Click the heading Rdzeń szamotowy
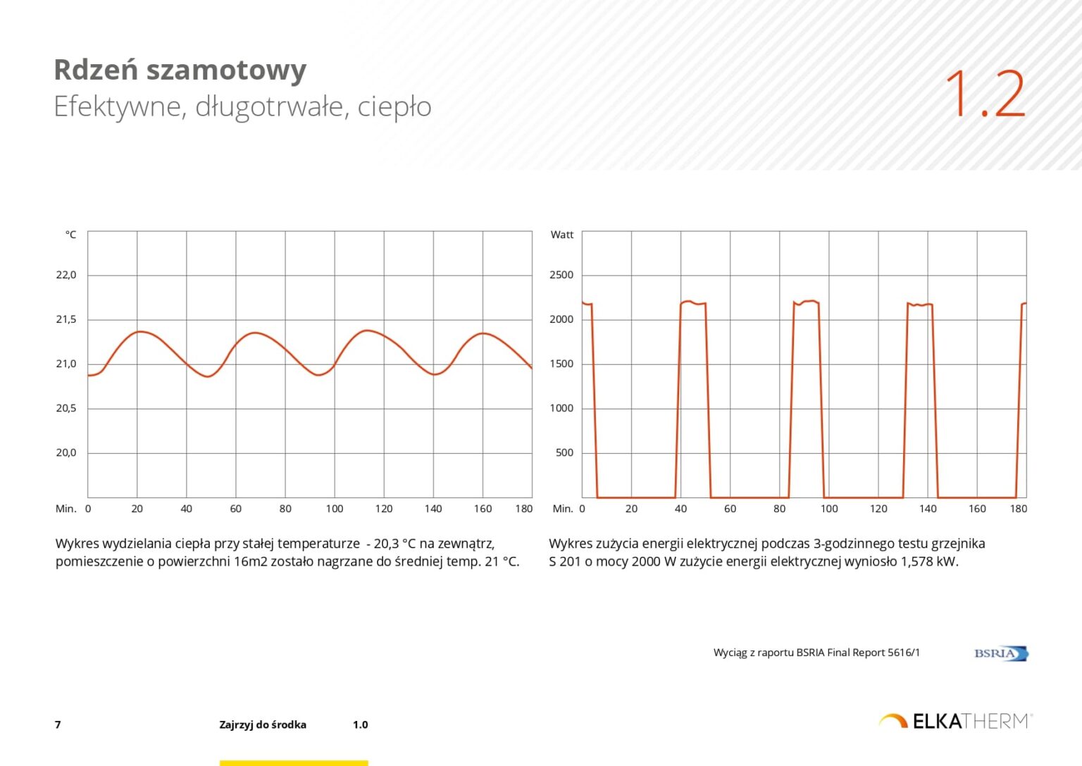pyautogui.click(x=180, y=70)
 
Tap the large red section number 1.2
pyautogui.click(x=985, y=94)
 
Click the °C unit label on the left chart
pyautogui.click(x=70, y=235)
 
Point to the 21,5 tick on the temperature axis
pyautogui.click(x=66, y=319)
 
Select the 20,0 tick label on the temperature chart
pyautogui.click(x=66, y=452)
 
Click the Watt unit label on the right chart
pyautogui.click(x=561, y=235)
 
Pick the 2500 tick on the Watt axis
pyautogui.click(x=561, y=275)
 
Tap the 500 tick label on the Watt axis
pyautogui.click(x=564, y=452)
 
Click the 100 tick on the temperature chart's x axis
pyautogui.click(x=335, y=509)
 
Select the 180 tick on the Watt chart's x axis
pyautogui.click(x=1018, y=509)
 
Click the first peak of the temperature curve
pyautogui.click(x=140, y=331)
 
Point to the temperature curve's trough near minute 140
pyautogui.click(x=435, y=374)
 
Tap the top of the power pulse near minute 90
pyautogui.click(x=807, y=302)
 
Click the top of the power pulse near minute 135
pyautogui.click(x=919, y=304)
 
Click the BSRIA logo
pyautogui.click(x=1000, y=653)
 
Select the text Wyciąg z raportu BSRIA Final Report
pyautogui.click(x=816, y=653)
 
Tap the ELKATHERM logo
pyautogui.click(x=955, y=721)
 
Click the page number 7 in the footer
pyautogui.click(x=58, y=724)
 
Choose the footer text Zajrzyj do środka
pyautogui.click(x=262, y=724)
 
